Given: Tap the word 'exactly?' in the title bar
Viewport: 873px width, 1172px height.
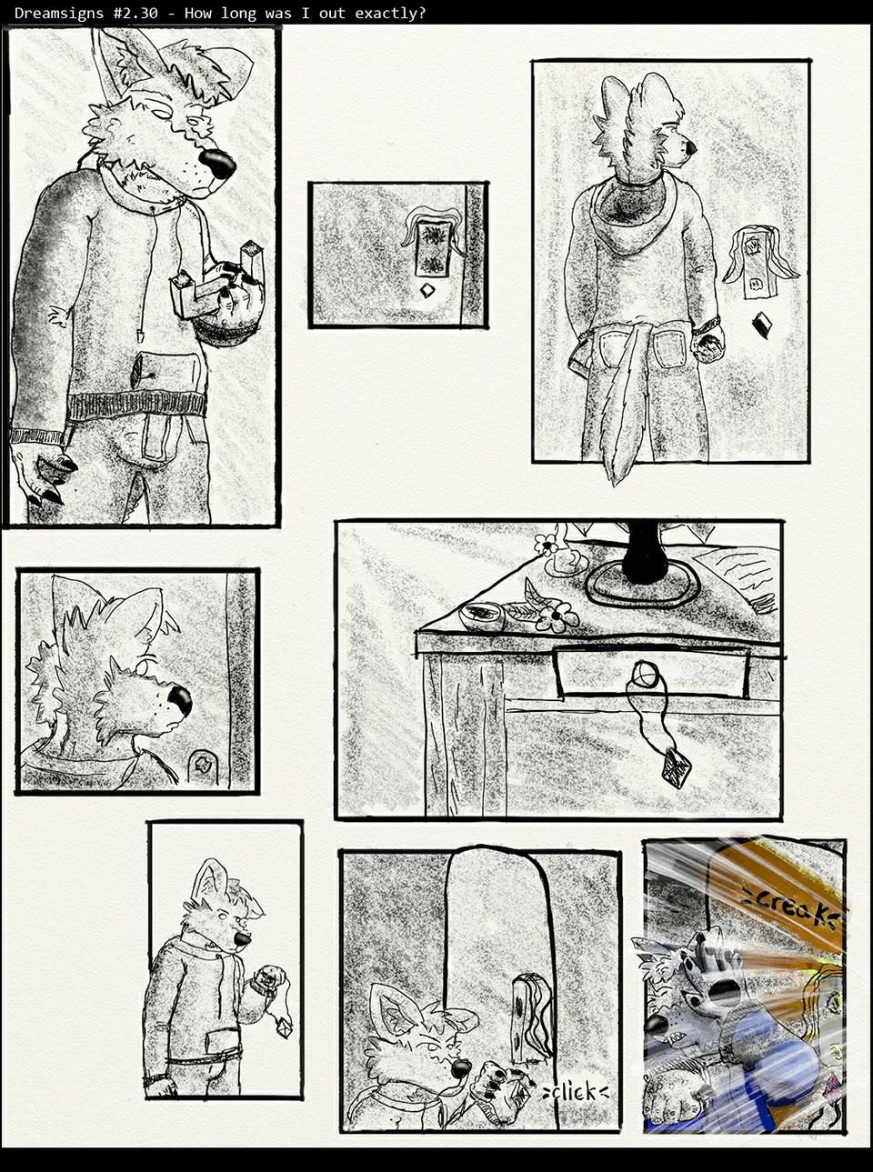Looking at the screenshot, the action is click(390, 13).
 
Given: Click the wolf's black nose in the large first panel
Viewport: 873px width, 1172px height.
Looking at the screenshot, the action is click(217, 164).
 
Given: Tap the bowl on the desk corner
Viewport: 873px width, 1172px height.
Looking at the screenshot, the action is click(482, 616).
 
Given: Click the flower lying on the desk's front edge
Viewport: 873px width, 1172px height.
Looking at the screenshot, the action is click(557, 617).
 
